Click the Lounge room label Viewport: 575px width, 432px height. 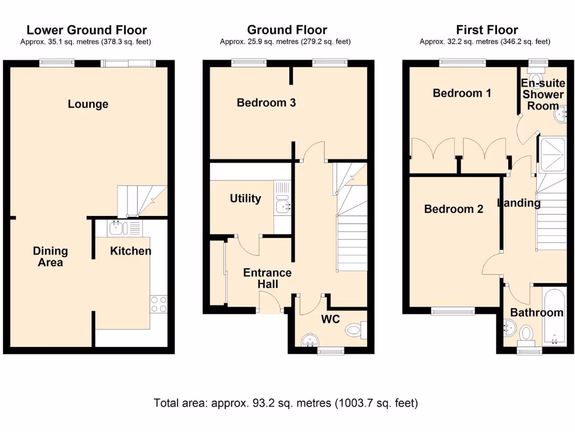[x=88, y=104]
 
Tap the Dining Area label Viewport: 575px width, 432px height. [x=50, y=256]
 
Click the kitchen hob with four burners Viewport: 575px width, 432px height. [x=158, y=304]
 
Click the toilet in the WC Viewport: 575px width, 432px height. [x=355, y=330]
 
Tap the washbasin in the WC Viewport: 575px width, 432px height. [x=309, y=340]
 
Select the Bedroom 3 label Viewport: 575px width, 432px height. [x=266, y=102]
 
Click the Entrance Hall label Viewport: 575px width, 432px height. [x=267, y=278]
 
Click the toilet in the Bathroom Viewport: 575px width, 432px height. [x=527, y=334]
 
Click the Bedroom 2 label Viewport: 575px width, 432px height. [x=453, y=209]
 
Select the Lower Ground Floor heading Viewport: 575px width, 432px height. [x=86, y=30]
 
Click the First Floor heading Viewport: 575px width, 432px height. [x=487, y=30]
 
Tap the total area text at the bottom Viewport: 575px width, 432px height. [x=286, y=403]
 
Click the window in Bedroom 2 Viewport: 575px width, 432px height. [x=453, y=310]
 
